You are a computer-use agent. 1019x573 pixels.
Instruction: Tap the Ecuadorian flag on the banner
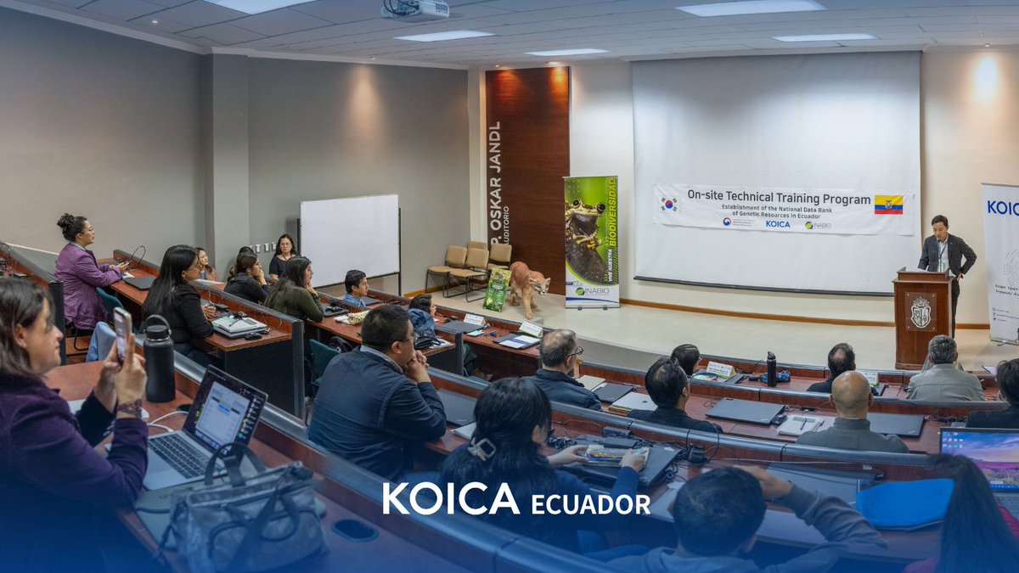(888, 205)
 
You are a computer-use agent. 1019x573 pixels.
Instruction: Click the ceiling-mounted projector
(416, 8)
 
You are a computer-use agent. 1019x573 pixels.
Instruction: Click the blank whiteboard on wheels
(349, 239)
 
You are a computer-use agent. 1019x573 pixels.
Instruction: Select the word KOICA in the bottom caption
(450, 499)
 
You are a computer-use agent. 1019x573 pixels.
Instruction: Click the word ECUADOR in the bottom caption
(590, 504)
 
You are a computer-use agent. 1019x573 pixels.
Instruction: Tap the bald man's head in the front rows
(851, 393)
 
